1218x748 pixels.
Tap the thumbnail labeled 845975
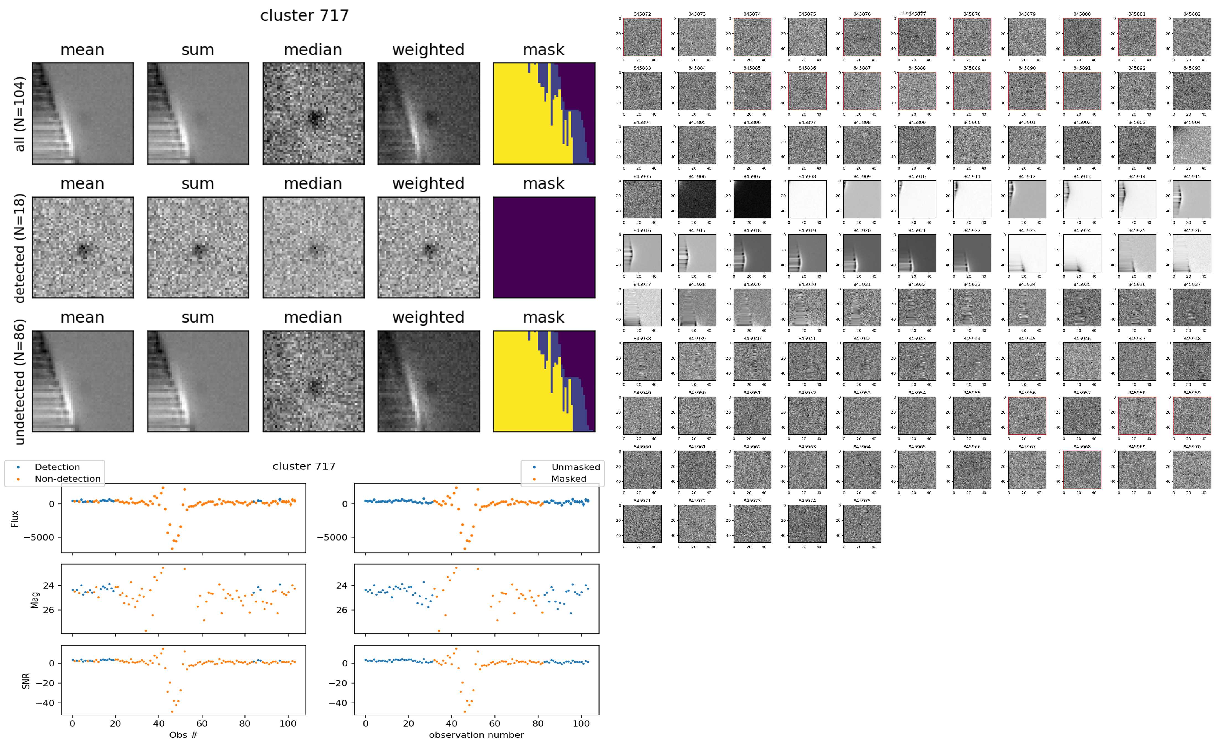[x=862, y=523]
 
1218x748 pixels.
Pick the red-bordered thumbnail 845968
[x=1082, y=469]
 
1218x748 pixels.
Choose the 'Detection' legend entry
[x=57, y=467]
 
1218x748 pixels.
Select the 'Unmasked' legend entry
[x=575, y=467]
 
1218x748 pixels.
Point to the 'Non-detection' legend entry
[x=67, y=478]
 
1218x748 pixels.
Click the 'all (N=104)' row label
[x=20, y=114]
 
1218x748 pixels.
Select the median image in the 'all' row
[x=313, y=113]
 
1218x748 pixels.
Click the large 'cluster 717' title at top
[x=304, y=16]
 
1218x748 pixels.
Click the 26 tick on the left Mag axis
[x=48, y=610]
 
